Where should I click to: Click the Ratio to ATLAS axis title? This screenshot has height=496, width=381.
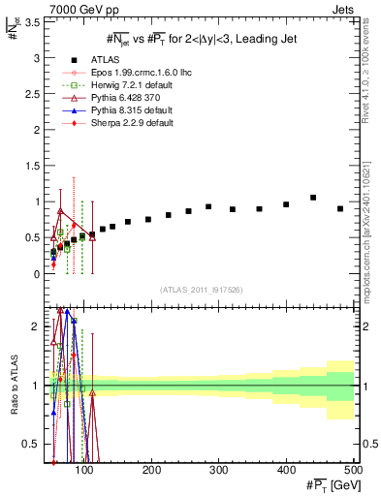[13, 386]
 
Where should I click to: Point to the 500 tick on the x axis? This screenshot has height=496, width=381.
[353, 470]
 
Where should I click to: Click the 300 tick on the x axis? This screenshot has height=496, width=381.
[219, 470]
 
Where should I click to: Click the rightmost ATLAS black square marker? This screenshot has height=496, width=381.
[339, 208]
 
